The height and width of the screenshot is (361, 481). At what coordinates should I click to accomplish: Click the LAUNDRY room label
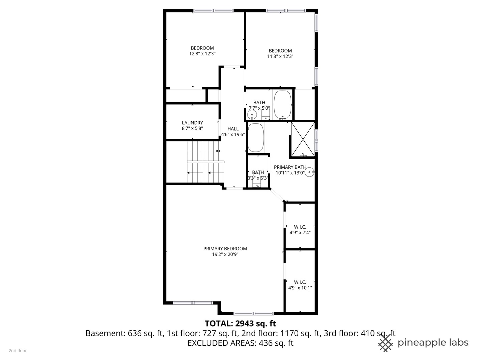click(x=192, y=123)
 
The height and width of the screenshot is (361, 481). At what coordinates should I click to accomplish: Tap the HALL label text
click(x=233, y=129)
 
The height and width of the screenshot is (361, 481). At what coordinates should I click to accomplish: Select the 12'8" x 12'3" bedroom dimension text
click(x=202, y=53)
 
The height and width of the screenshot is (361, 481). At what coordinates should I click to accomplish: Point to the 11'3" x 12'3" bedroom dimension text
click(x=280, y=56)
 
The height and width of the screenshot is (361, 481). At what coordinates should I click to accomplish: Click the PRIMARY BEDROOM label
click(x=225, y=248)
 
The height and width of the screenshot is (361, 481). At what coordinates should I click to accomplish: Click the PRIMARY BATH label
click(x=290, y=167)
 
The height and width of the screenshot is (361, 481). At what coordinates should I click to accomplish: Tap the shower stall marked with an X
click(x=303, y=140)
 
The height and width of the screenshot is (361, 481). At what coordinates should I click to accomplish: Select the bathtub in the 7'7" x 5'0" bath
click(x=283, y=105)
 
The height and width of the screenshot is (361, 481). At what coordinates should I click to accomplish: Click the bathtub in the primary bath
click(x=256, y=138)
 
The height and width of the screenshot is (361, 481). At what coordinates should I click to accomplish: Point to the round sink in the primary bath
click(x=310, y=172)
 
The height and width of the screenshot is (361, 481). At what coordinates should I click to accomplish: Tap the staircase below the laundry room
click(x=204, y=162)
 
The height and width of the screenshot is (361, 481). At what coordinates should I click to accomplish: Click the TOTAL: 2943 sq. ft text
click(x=240, y=323)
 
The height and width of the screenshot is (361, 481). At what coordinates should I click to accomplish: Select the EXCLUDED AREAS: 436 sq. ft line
click(x=240, y=343)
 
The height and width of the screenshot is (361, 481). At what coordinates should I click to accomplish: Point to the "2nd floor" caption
click(x=18, y=351)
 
